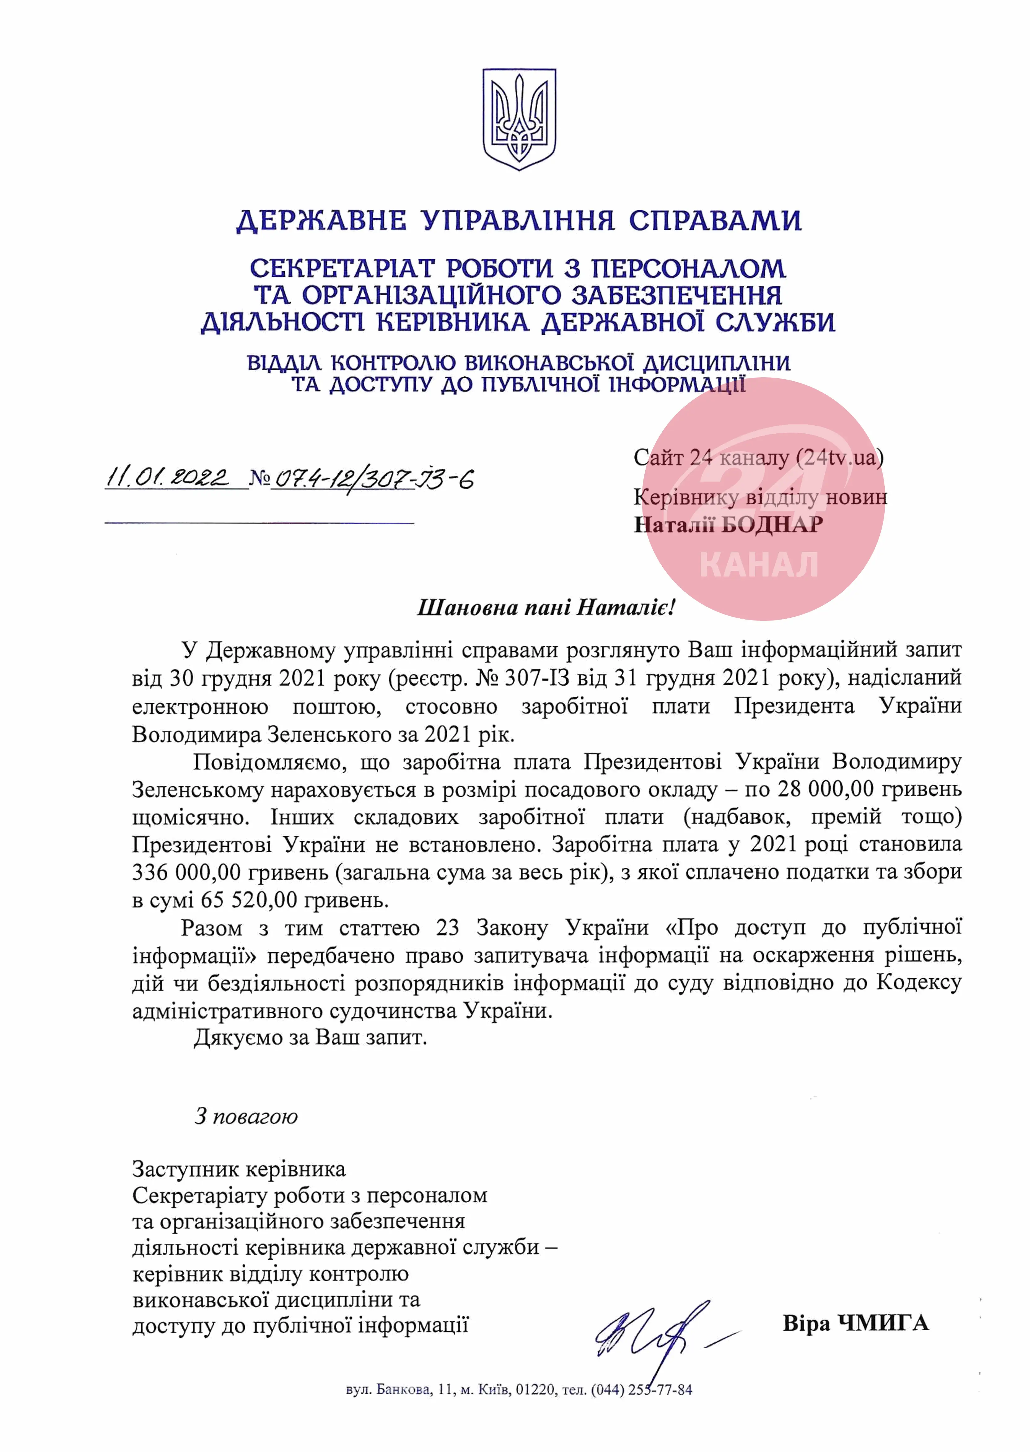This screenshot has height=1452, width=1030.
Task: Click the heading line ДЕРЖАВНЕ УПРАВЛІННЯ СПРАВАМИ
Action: click(519, 221)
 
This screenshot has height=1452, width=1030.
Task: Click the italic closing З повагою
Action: click(246, 1116)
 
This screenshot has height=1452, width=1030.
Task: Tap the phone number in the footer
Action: click(641, 1390)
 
